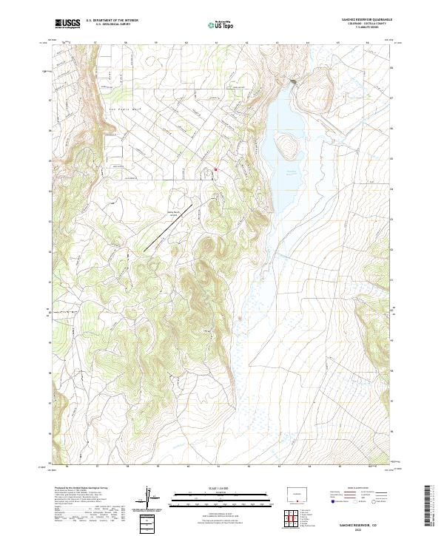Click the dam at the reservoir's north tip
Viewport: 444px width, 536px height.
point(294,81)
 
